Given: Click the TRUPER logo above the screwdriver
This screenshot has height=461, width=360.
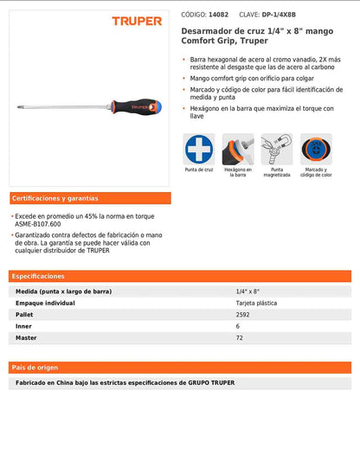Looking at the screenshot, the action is tap(137, 21).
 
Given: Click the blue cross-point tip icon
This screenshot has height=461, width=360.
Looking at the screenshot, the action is tap(199, 149).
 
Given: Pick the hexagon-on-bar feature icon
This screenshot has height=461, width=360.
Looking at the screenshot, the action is tap(238, 149).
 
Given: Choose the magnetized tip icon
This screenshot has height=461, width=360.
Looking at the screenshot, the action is tap(277, 149).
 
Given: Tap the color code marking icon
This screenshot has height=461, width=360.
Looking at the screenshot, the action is tap(316, 149).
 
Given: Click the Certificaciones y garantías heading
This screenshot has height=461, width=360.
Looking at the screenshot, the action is tap(55, 198).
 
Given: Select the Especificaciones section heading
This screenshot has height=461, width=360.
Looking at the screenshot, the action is tap(38, 276).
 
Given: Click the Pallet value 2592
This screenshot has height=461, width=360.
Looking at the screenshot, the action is tap(245, 315).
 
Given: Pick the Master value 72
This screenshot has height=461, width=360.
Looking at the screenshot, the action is tap(240, 337).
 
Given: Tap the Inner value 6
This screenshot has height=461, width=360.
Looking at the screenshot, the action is tap(238, 326).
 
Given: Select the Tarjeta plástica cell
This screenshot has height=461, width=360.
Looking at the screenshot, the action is tap(257, 304).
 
